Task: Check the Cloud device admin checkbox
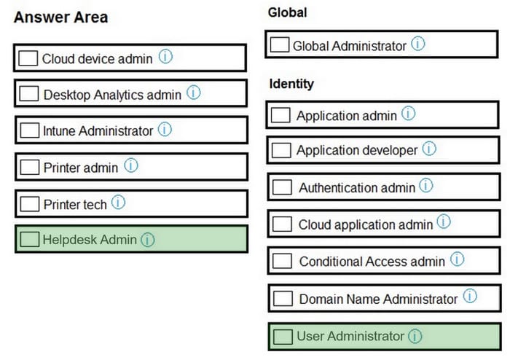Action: [28, 58]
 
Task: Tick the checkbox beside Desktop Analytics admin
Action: [29, 94]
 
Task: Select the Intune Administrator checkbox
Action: [30, 130]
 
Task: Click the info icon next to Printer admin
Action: [131, 165]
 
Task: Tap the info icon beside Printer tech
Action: [118, 202]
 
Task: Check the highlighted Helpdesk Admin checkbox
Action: [30, 239]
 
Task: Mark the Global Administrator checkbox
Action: [280, 44]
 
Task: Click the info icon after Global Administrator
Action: [418, 43]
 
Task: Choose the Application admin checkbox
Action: [280, 115]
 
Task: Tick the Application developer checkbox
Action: [281, 150]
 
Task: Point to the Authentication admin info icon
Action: [426, 185]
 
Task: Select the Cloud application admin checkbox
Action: [282, 224]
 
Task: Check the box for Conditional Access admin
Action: [282, 260]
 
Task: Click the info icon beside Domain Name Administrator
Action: [470, 296]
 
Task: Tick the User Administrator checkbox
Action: [283, 337]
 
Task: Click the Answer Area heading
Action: [60, 17]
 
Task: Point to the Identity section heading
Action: [291, 84]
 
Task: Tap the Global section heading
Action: [288, 12]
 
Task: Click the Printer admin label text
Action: [81, 168]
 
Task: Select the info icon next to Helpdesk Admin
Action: [148, 240]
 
